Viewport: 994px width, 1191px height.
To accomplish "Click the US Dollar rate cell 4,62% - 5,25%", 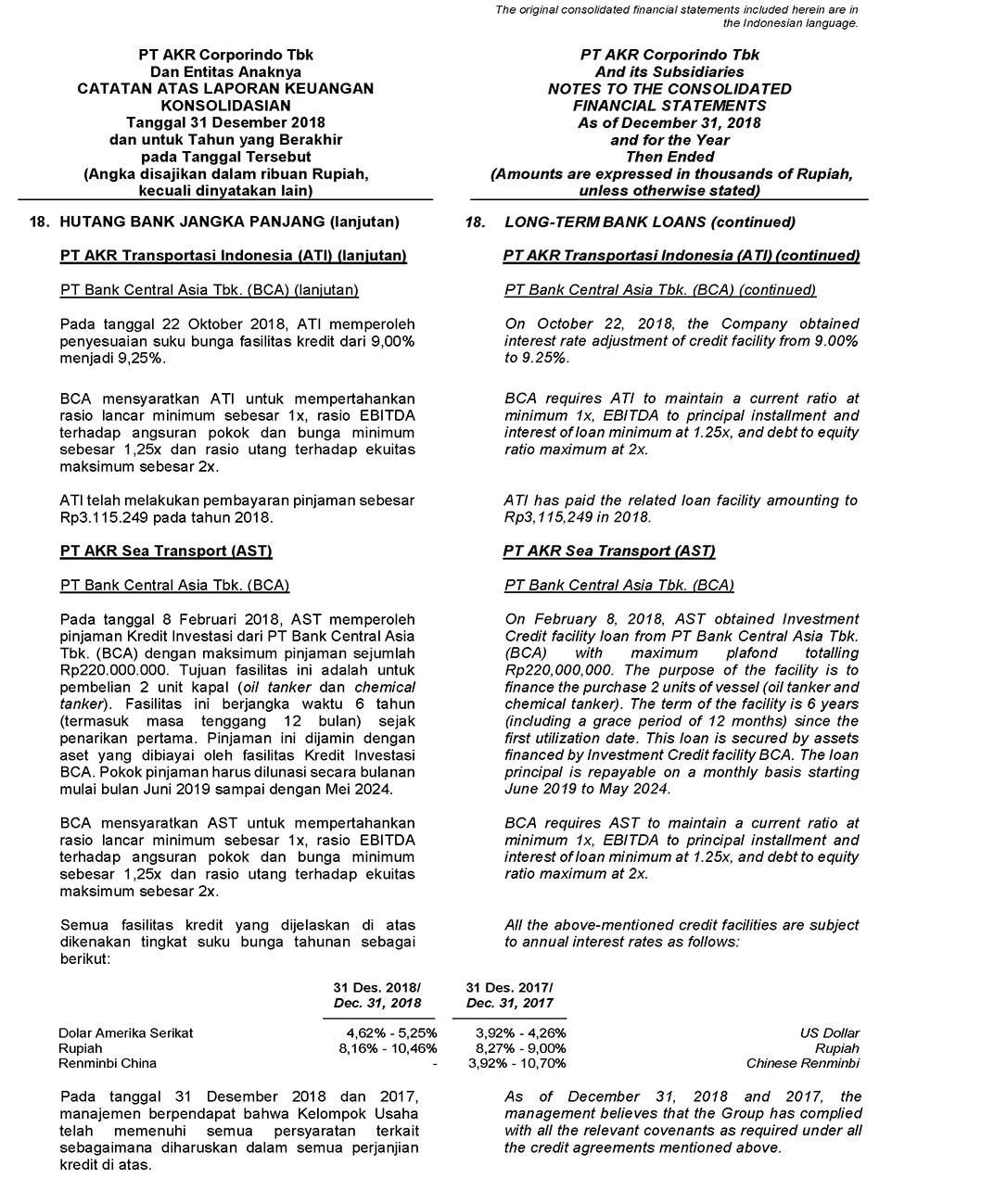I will click(391, 1033).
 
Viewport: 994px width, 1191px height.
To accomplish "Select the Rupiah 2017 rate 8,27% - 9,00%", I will click(520, 1048).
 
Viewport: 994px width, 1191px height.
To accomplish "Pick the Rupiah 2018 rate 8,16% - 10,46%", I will click(388, 1048).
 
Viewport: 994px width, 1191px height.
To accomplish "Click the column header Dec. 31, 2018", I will click(377, 1003).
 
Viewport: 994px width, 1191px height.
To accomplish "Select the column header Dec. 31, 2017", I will click(509, 1003).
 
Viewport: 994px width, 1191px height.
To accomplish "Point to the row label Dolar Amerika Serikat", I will click(126, 1033).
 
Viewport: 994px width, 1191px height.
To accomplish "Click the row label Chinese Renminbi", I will click(802, 1063).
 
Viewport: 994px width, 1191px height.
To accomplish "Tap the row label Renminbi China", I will click(108, 1063).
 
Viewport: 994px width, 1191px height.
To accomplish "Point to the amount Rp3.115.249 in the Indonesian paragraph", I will click(98, 517).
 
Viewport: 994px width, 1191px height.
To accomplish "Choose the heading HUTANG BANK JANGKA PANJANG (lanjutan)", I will click(229, 222).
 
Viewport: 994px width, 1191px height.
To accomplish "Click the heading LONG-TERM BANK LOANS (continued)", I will click(650, 222).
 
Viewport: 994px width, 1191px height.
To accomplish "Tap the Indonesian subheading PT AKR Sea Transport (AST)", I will click(166, 551).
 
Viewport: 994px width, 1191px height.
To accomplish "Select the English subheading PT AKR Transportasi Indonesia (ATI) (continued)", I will click(682, 256).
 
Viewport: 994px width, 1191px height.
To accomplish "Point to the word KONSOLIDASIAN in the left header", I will click(225, 106).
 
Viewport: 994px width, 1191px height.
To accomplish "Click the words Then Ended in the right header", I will click(669, 157).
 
